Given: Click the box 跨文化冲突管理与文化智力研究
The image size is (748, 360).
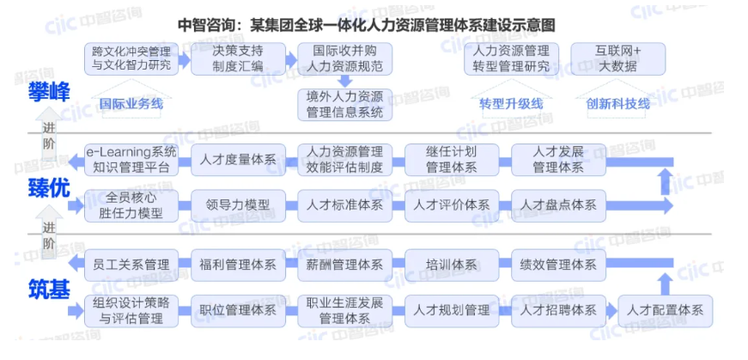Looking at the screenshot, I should (x=131, y=58).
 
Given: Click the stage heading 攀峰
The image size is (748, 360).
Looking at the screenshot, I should (x=48, y=91).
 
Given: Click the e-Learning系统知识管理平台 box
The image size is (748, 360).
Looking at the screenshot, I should (x=131, y=160).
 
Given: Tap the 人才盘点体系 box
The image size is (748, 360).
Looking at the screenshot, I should (x=558, y=205).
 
